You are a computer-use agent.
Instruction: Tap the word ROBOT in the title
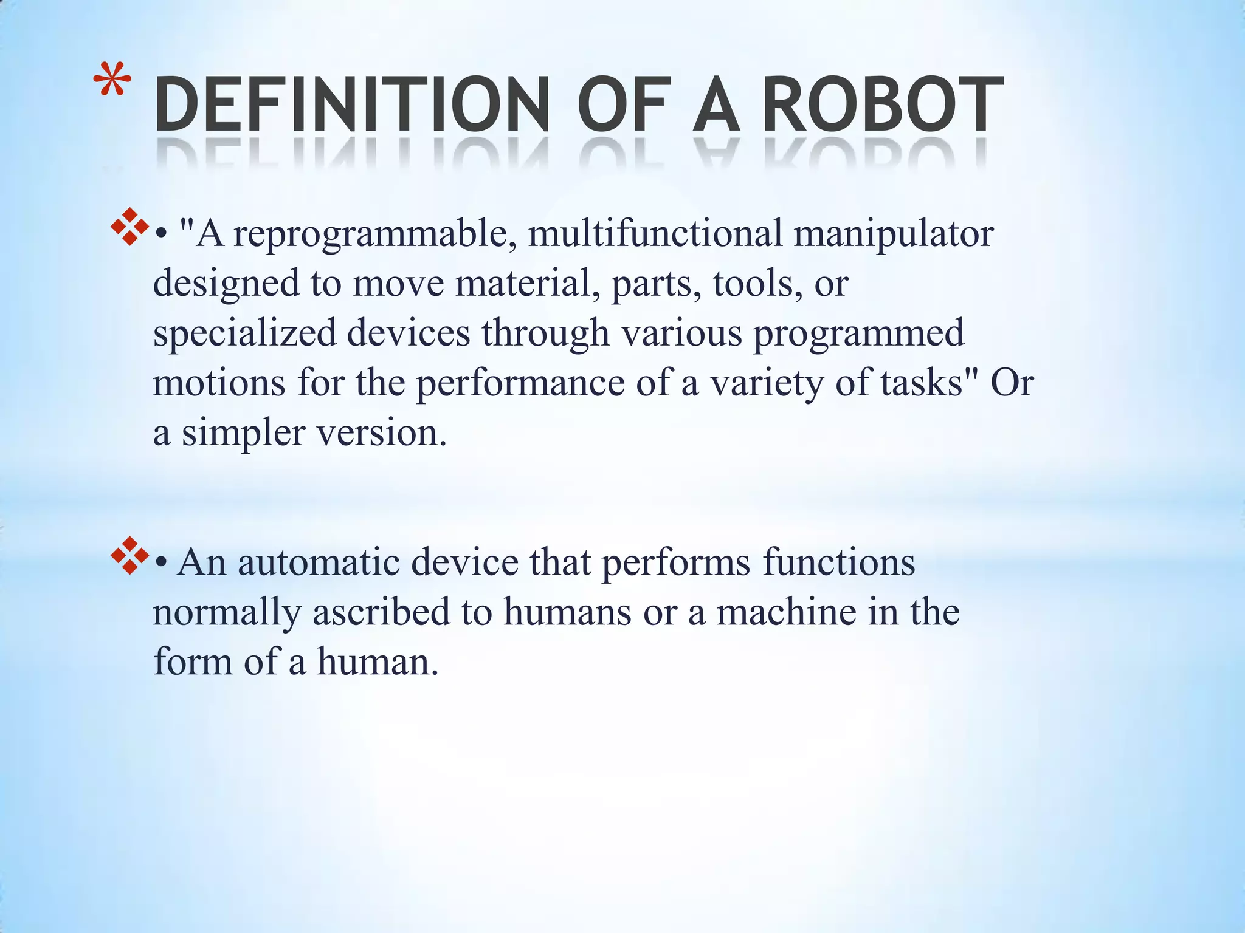(x=882, y=104)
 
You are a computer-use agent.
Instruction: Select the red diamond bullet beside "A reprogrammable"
(x=129, y=227)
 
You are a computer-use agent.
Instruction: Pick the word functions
(x=839, y=562)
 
